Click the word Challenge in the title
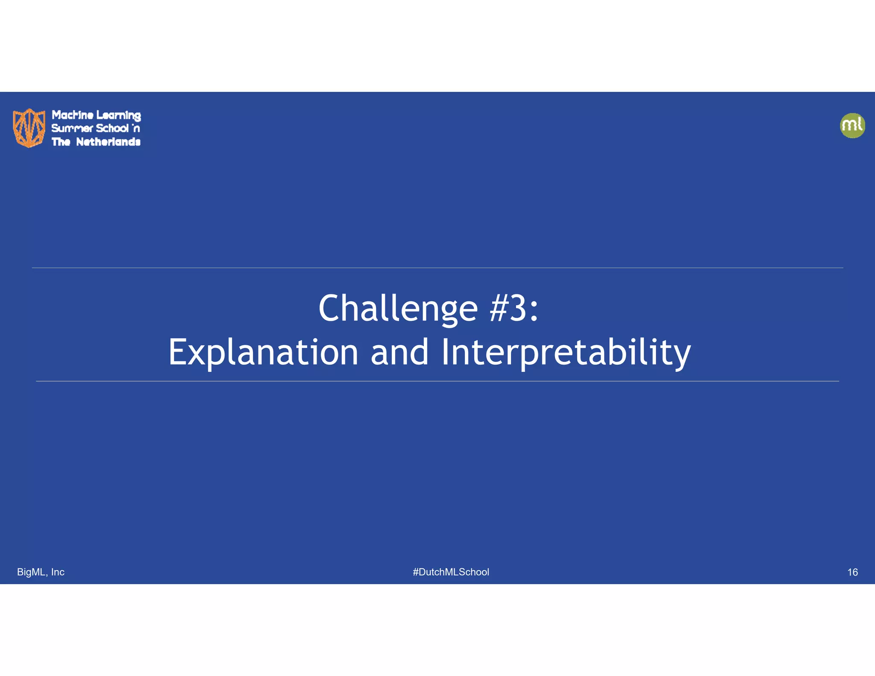click(398, 309)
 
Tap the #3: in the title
click(514, 309)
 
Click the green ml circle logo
click(852, 126)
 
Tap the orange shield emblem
click(29, 127)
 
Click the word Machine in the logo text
click(73, 115)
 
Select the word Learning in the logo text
click(118, 115)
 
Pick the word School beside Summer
click(112, 128)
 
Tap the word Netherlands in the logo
click(108, 142)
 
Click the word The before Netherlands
click(61, 142)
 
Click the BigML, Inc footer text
click(41, 572)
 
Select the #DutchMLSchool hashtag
click(451, 572)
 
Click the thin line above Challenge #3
click(437, 268)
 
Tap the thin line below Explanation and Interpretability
click(437, 381)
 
